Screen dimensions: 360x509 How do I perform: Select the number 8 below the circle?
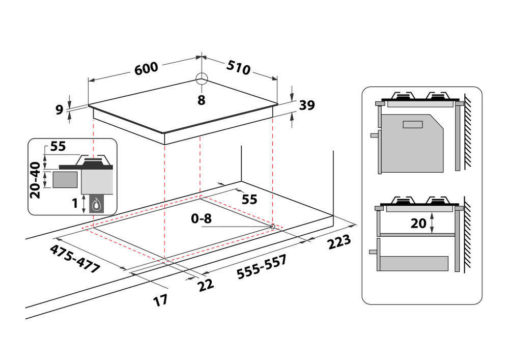coord(202,100)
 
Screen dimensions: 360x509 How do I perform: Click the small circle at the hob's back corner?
coord(202,78)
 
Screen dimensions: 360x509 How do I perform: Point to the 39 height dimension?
coord(307,105)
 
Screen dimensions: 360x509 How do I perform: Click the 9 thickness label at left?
coord(60,108)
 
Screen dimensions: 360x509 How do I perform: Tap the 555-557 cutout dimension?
coord(262,266)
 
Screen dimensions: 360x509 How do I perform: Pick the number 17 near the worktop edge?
coord(161,300)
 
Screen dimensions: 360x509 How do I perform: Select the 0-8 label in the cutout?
coord(201,219)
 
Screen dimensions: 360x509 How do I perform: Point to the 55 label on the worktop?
coord(249,199)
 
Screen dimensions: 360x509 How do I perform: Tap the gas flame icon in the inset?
coord(96,205)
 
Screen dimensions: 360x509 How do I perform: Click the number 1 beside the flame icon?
coord(75,204)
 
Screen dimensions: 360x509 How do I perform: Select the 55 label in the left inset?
coord(58,147)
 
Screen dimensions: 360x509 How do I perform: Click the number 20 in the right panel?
coord(418,223)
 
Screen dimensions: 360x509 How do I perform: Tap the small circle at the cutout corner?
coord(273,226)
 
